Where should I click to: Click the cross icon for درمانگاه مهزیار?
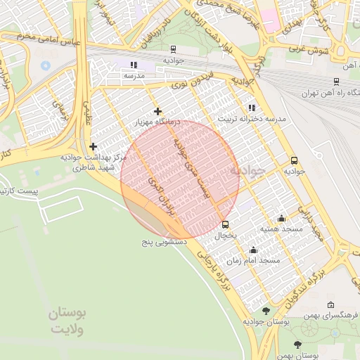pos(157,111)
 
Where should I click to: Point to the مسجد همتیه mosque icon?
pos(282,219)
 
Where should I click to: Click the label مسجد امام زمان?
pos(259,260)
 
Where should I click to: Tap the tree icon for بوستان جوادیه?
pos(265,310)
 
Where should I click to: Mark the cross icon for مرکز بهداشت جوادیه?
pos(93,147)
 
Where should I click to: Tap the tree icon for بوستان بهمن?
pos(298,345)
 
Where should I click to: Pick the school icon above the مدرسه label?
pos(133,65)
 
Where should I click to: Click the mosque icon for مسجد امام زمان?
pos(253,250)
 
